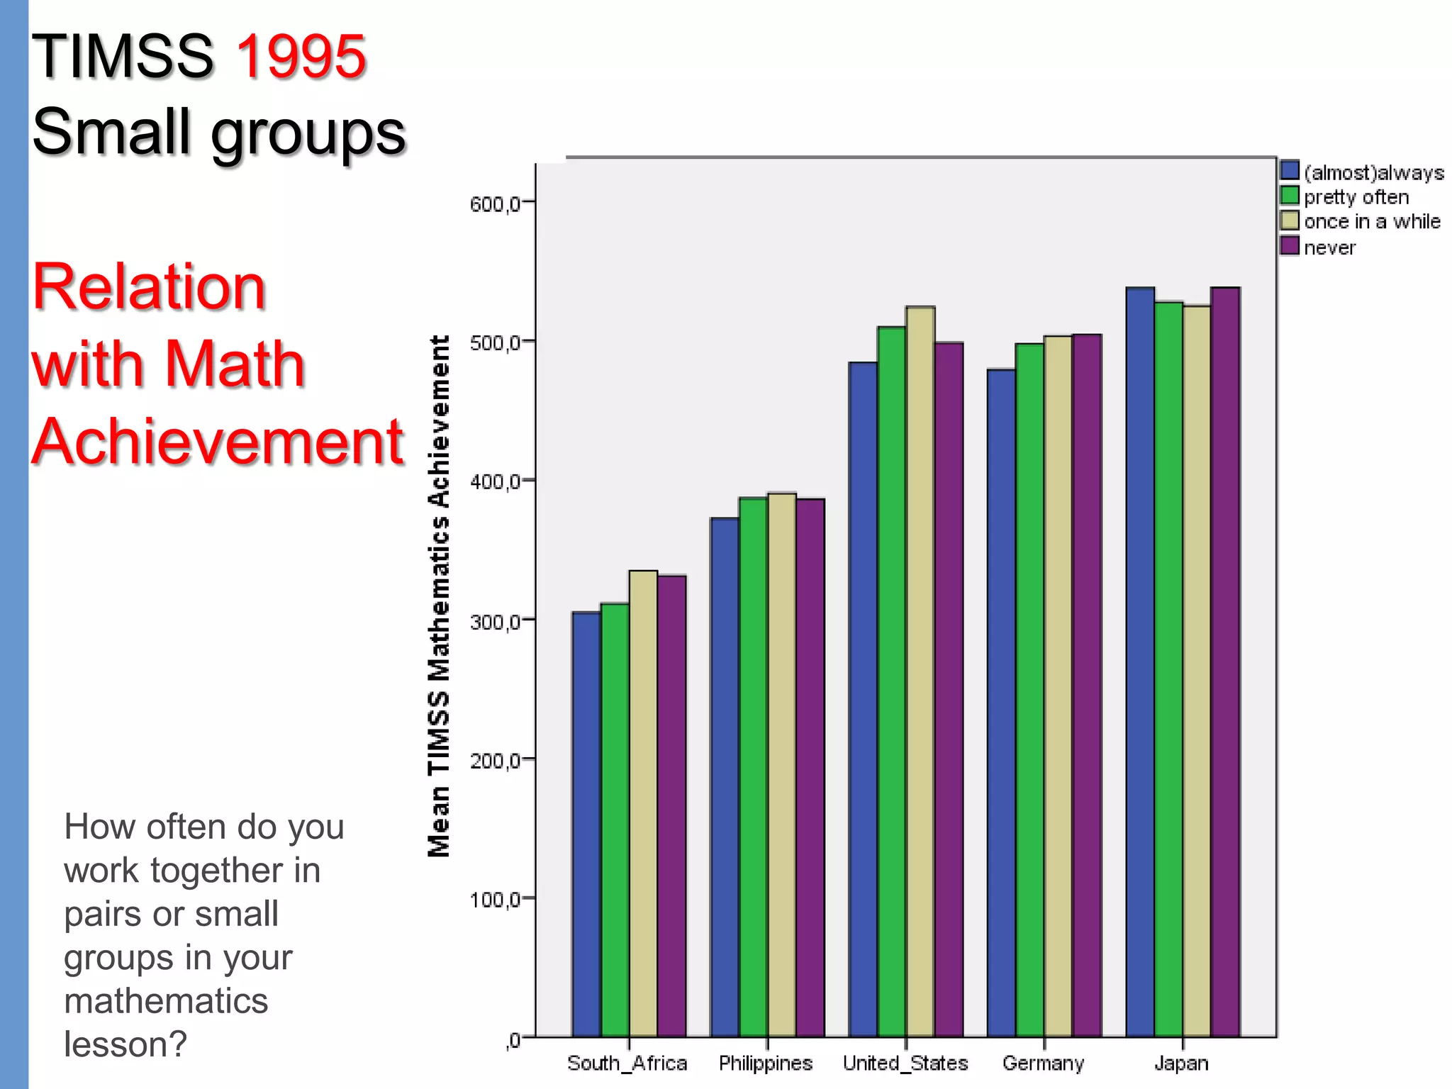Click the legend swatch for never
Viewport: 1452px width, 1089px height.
(x=1290, y=246)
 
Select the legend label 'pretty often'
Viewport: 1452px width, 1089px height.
(x=1356, y=197)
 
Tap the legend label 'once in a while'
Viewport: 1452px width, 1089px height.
(x=1372, y=222)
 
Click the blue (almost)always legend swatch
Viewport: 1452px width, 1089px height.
(x=1290, y=170)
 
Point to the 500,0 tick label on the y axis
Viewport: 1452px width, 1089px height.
(x=495, y=343)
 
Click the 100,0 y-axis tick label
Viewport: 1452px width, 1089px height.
(x=495, y=900)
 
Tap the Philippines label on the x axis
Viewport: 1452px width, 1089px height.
(x=766, y=1063)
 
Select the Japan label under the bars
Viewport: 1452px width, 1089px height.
(x=1181, y=1063)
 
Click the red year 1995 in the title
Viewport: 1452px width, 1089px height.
(x=301, y=56)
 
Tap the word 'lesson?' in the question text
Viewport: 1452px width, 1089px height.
(x=125, y=1044)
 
